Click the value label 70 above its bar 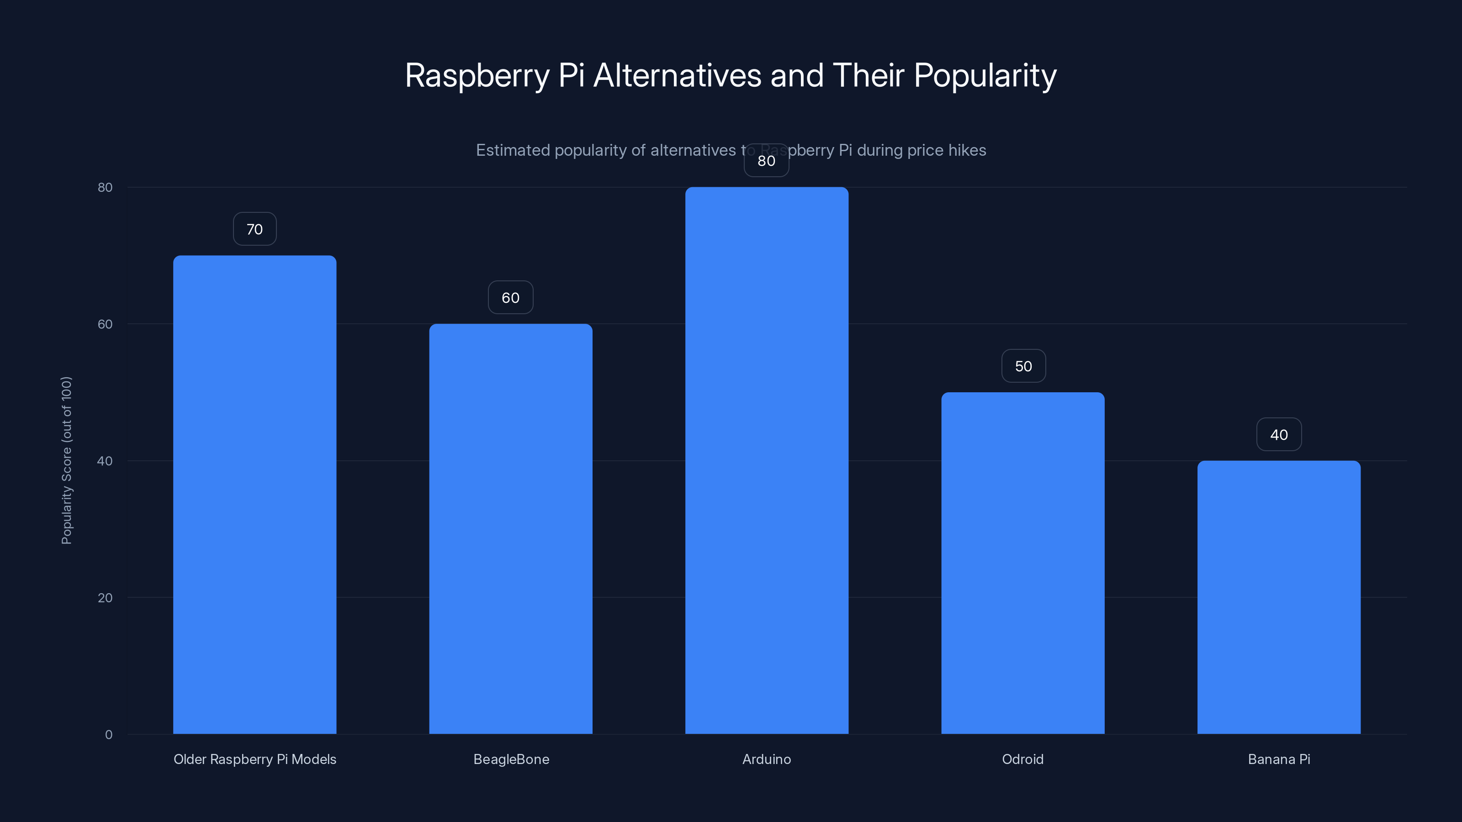254,229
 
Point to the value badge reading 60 510,298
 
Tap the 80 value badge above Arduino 766,161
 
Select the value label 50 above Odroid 1023,366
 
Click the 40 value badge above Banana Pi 1279,435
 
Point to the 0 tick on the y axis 108,735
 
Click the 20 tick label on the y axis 105,597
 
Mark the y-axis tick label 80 105,187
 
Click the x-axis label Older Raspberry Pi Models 254,759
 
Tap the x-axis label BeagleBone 511,759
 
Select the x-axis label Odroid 1023,759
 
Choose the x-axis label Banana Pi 1279,759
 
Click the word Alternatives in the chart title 677,75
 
